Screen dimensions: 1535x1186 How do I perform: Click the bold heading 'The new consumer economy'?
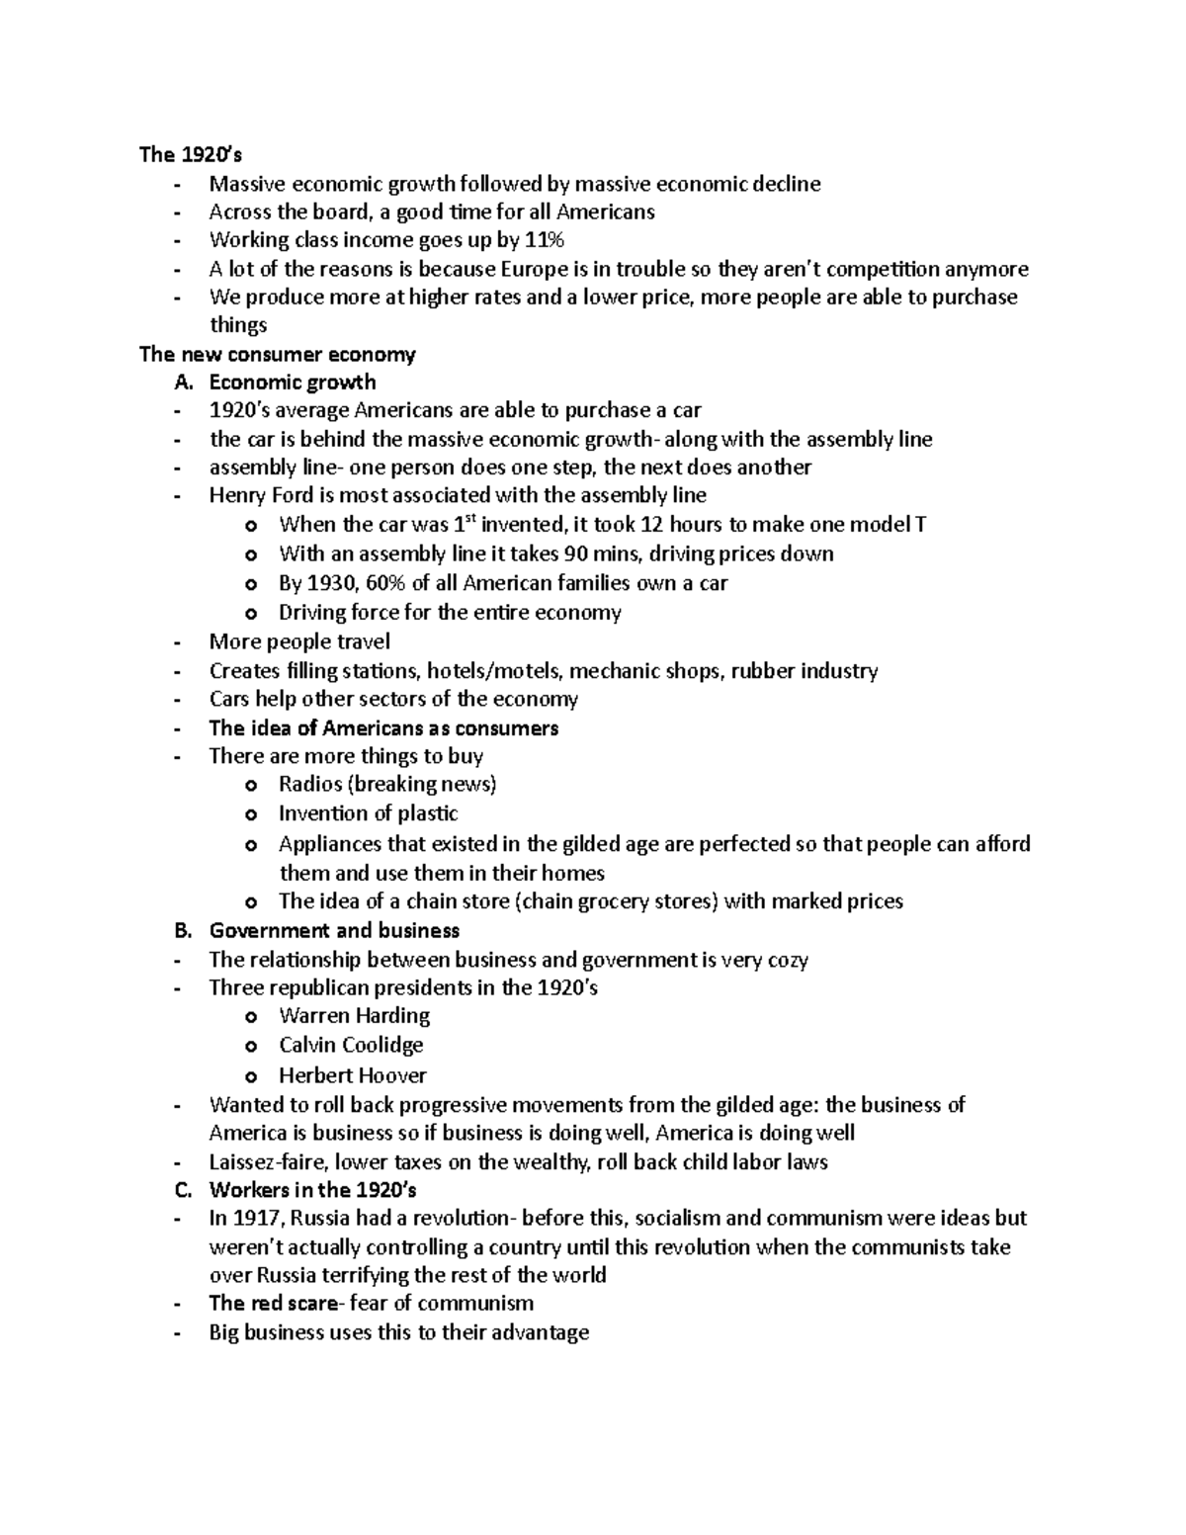coord(278,354)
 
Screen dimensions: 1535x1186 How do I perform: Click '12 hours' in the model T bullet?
coord(681,525)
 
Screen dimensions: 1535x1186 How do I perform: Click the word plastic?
coord(427,813)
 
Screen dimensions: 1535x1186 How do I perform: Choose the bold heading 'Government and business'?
coord(334,930)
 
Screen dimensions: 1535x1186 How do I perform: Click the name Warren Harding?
coord(354,1016)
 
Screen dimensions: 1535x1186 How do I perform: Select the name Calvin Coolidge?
coord(351,1045)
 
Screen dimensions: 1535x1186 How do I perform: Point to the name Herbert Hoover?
coord(352,1075)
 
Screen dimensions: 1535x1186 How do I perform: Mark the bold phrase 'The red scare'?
coord(273,1304)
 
